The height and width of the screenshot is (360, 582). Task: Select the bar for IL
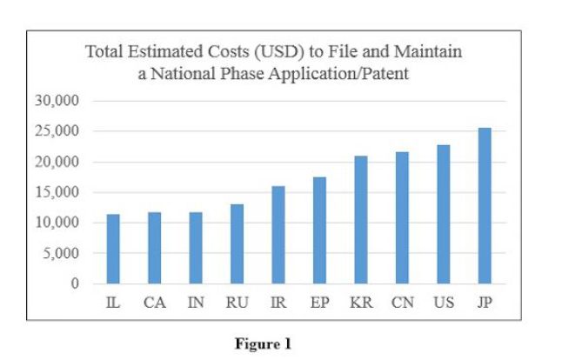point(113,249)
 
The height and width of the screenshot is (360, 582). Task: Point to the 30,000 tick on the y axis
point(57,101)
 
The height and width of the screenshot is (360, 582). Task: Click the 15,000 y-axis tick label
point(57,192)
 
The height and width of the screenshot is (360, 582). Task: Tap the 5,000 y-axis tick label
point(60,254)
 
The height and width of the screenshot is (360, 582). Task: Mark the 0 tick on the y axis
point(75,284)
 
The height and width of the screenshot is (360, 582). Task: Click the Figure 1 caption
point(263,343)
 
